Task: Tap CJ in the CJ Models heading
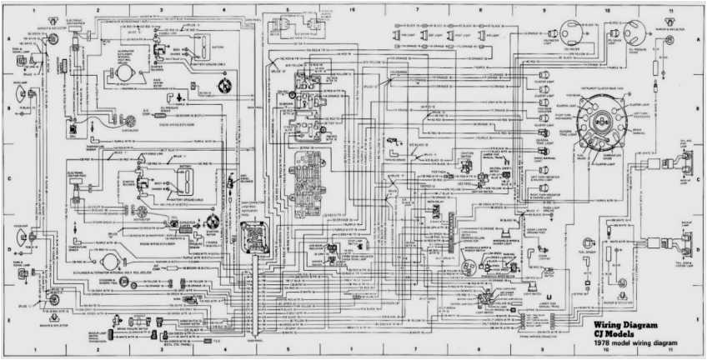599,333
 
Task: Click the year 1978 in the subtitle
602,343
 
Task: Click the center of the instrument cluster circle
607,117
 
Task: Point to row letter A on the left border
6,40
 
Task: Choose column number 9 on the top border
544,8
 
